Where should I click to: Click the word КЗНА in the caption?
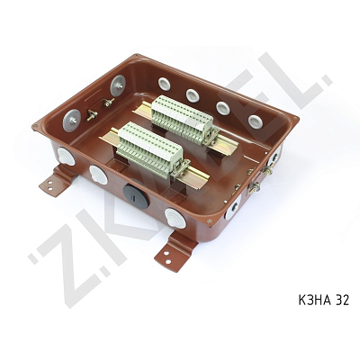tap(310, 300)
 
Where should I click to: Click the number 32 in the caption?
tap(341, 300)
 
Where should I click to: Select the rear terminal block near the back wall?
tap(183, 118)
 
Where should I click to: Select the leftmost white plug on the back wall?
tap(164, 84)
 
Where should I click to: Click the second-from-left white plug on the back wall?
tap(193, 94)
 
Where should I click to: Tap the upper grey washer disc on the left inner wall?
tap(118, 85)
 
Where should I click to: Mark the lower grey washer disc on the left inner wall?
tap(72, 117)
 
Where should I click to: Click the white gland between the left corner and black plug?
tap(98, 175)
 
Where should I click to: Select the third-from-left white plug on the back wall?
tap(222, 107)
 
